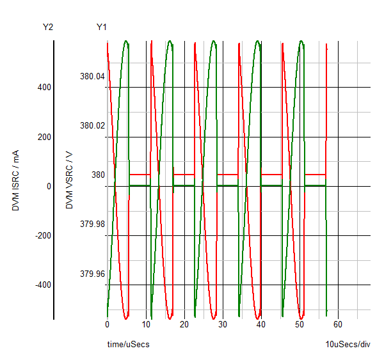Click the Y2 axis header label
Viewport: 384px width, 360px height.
(48, 27)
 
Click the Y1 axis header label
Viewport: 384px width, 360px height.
(102, 27)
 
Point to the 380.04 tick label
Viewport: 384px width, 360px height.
(92, 77)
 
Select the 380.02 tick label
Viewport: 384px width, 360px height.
(92, 126)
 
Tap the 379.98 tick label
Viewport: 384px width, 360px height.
(92, 224)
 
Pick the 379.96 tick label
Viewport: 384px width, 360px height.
(92, 274)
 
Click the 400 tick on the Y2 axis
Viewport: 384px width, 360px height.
(45, 88)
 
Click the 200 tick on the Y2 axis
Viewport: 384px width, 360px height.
(45, 137)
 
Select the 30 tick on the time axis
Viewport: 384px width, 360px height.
(222, 325)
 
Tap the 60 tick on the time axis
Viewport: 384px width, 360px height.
(338, 325)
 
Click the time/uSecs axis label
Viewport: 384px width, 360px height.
(128, 345)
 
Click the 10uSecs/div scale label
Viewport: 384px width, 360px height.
(348, 345)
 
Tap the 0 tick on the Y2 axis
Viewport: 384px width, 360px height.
(49, 186)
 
